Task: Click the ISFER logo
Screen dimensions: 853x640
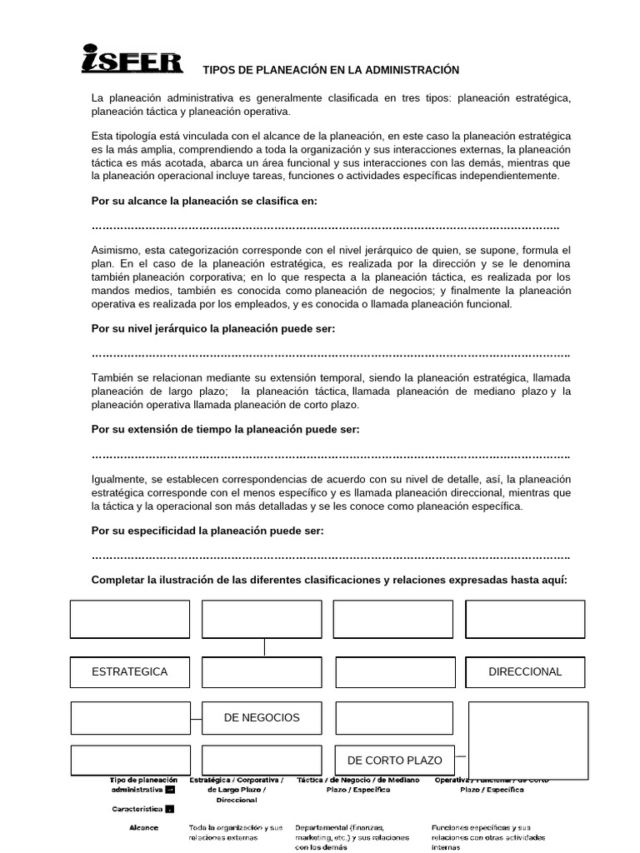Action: [x=132, y=59]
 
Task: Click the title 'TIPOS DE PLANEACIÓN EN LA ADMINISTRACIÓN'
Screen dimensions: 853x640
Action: [x=332, y=70]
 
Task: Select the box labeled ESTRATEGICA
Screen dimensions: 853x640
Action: [x=130, y=671]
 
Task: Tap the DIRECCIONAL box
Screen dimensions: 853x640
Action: [x=525, y=671]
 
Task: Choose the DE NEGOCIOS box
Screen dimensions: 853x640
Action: [x=262, y=717]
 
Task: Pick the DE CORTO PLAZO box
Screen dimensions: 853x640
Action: [x=395, y=761]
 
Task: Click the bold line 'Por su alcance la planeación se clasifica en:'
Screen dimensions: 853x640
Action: [x=204, y=201]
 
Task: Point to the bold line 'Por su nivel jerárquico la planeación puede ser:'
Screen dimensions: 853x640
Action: [x=213, y=328]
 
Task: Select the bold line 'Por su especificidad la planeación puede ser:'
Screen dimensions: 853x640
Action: [x=207, y=530]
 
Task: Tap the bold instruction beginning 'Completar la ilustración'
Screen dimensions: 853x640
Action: [x=329, y=580]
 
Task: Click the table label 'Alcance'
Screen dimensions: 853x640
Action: [x=143, y=828]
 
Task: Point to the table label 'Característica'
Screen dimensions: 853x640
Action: [x=137, y=809]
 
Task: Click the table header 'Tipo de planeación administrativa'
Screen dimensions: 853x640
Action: [x=142, y=785]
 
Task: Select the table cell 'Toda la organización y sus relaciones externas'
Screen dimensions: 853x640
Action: [x=236, y=833]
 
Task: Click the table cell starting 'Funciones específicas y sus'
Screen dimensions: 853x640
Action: [x=487, y=837]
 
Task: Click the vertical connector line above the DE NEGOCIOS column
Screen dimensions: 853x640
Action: [x=265, y=647]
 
